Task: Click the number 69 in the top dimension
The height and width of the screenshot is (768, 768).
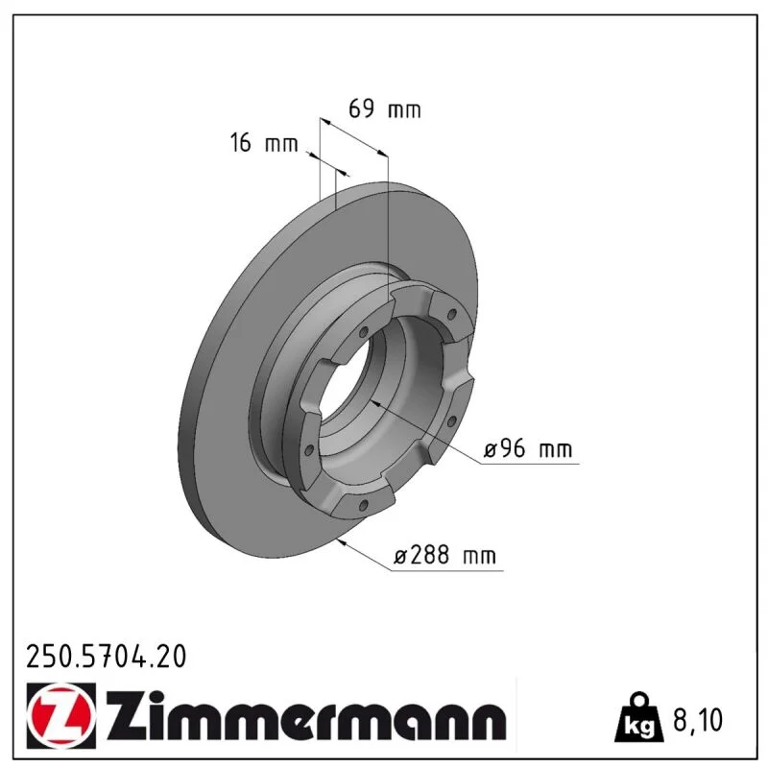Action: (x=362, y=108)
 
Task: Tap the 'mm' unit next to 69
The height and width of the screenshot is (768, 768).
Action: (x=404, y=111)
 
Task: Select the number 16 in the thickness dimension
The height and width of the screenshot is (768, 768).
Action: (x=241, y=142)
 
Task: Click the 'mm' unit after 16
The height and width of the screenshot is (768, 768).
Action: (x=281, y=145)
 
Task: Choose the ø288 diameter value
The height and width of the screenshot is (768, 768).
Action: (x=421, y=555)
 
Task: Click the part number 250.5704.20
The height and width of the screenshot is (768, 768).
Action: (x=107, y=657)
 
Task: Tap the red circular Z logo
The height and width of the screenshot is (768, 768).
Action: (x=60, y=716)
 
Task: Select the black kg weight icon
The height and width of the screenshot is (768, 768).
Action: (x=639, y=717)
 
